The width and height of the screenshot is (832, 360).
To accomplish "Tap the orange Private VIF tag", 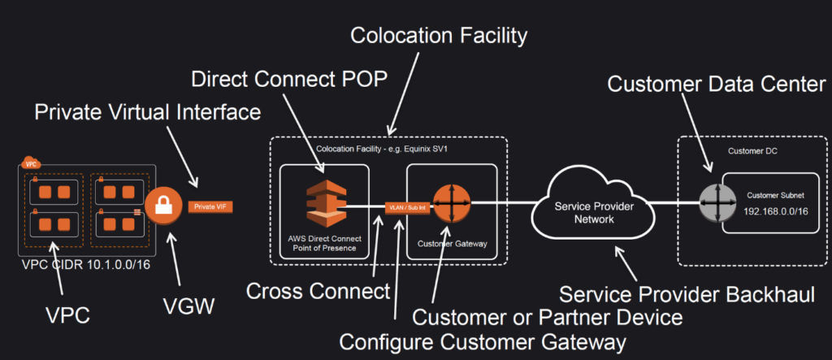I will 210,207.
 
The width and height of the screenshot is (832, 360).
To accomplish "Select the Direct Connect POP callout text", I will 288,80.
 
